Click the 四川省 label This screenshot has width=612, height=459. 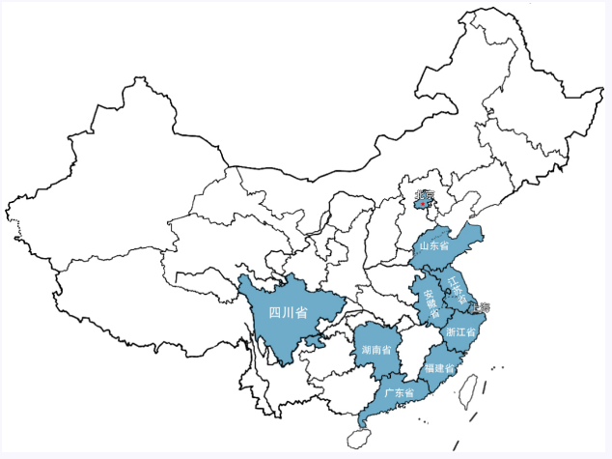click(288, 312)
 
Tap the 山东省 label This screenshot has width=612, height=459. click(434, 246)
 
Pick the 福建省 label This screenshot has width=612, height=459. click(438, 368)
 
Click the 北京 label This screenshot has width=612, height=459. click(425, 194)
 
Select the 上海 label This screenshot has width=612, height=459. click(479, 308)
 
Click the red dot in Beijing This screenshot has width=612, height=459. click(423, 204)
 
